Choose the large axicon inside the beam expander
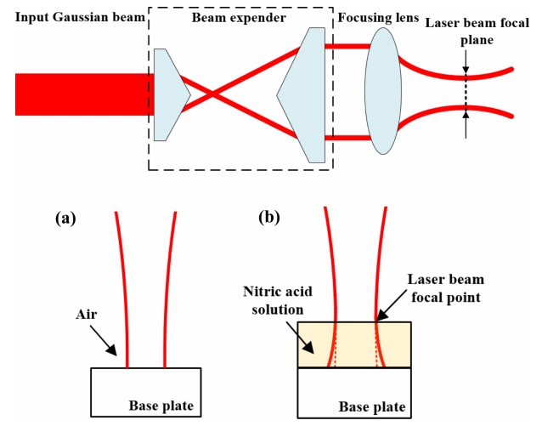[x=305, y=94]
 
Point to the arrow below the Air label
[x=108, y=340]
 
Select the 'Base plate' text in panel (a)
[x=164, y=405]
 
